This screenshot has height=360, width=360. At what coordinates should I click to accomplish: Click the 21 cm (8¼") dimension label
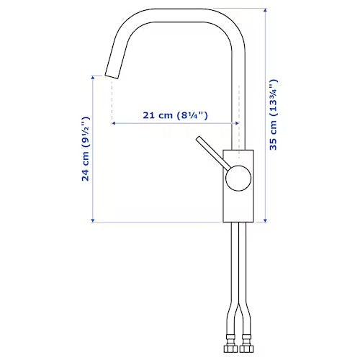tap(175, 114)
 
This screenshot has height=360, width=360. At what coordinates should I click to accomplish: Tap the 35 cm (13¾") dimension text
tap(274, 114)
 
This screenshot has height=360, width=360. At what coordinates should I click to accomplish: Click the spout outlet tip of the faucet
tap(112, 76)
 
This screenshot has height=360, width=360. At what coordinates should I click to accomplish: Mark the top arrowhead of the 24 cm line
tap(94, 77)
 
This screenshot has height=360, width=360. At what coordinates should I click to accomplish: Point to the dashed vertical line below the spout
tap(112, 101)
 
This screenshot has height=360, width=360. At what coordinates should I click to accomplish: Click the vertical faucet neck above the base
tap(238, 94)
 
